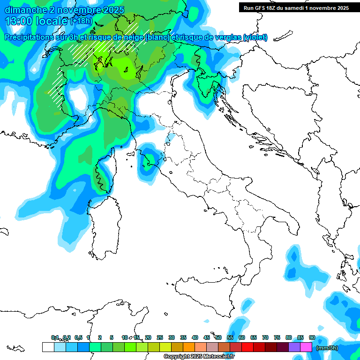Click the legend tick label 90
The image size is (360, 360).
point(312,337)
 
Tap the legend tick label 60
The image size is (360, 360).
point(242,337)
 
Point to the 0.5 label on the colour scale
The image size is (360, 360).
point(78,337)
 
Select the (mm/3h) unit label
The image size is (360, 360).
point(327,348)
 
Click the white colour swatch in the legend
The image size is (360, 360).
point(48,347)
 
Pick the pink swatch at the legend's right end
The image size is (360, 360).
point(306,347)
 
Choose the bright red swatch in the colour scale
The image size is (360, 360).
point(247,347)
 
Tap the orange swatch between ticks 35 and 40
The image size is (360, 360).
point(189,347)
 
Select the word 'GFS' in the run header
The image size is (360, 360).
point(262,8)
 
